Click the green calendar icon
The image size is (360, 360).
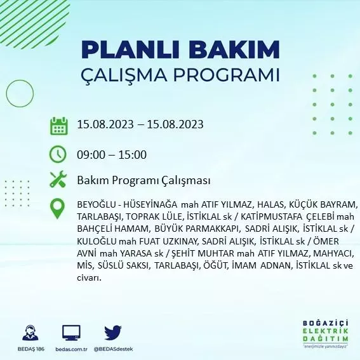tap(58, 125)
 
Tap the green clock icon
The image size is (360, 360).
tap(58, 154)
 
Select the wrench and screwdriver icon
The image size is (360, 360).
tap(58, 180)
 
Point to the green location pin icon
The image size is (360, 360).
tap(58, 209)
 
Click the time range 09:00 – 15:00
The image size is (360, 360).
tap(112, 154)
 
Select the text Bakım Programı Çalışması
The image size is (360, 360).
tap(143, 181)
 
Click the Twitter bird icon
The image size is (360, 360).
tap(112, 333)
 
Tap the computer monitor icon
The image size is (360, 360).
tap(71, 333)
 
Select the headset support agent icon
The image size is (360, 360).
tap(29, 333)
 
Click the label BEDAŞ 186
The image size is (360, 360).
tap(29, 349)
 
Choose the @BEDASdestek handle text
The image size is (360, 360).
tap(112, 349)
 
